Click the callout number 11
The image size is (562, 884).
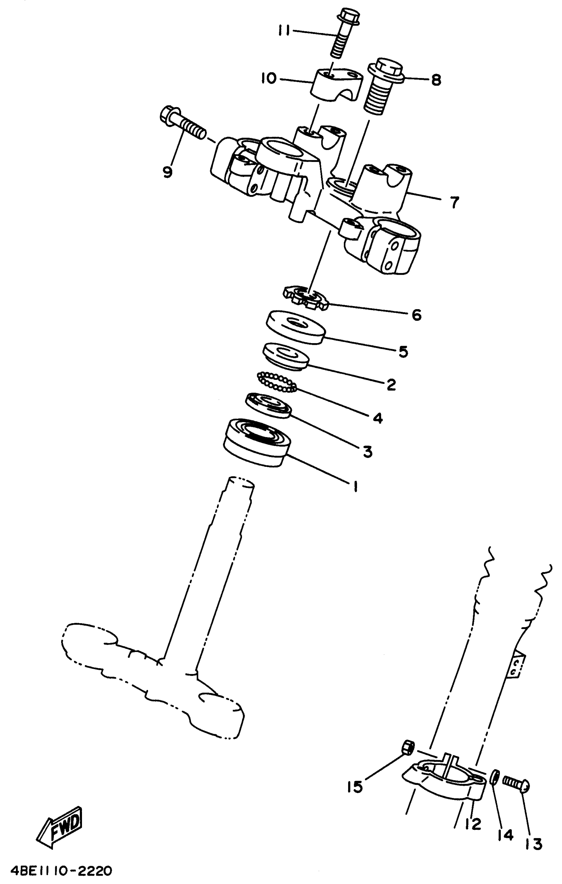coord(283,31)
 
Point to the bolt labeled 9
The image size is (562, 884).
coord(182,123)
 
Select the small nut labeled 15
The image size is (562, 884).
coord(408,747)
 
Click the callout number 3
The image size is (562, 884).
coord(367,452)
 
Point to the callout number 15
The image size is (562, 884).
coord(355,787)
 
